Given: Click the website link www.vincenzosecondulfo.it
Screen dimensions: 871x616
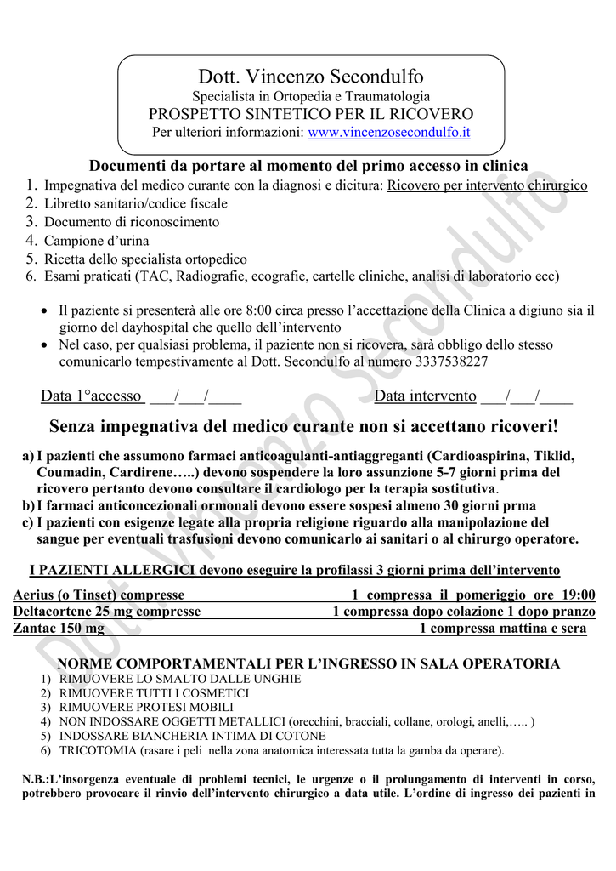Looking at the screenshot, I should click(389, 133).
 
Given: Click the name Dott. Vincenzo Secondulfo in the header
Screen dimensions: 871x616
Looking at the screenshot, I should click(311, 77).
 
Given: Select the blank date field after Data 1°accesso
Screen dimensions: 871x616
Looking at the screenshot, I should click(195, 396).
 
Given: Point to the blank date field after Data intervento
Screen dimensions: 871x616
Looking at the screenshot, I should click(526, 396).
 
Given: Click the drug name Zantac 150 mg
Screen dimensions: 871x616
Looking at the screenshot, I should click(59, 628).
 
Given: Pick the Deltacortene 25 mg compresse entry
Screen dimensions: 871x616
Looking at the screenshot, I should click(107, 612).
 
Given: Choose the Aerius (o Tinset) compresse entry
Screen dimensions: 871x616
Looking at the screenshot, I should click(99, 595).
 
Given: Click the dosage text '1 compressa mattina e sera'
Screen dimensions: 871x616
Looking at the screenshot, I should click(503, 628).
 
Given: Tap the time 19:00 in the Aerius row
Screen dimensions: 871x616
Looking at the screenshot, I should click(577, 595).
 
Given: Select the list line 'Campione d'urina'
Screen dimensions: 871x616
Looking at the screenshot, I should click(97, 241).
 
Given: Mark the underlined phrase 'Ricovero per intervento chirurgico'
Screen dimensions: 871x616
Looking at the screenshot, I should click(487, 185).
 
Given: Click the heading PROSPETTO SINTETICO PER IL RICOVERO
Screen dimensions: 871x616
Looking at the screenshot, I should click(311, 114).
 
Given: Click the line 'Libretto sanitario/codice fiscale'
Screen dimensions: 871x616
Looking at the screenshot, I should click(136, 204).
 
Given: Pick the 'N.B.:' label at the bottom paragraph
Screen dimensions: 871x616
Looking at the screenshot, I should click(38, 780).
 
